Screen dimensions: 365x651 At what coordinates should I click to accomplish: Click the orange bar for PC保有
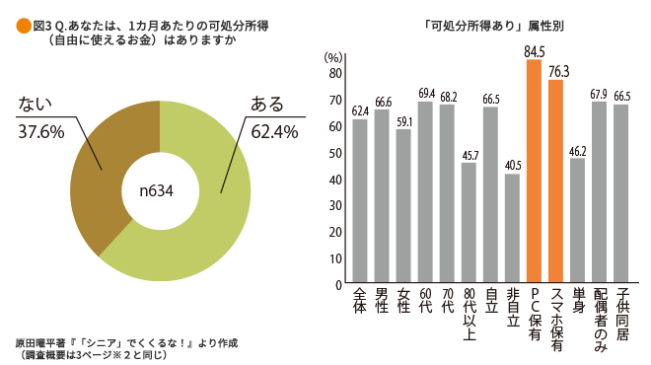click(x=535, y=172)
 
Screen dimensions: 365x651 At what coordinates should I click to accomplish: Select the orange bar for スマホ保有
click(x=555, y=182)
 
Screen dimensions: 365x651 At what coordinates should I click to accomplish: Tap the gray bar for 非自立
click(x=512, y=229)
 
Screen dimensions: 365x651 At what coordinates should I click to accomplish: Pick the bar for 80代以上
click(x=469, y=223)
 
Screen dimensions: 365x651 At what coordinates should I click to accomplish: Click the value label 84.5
click(x=535, y=50)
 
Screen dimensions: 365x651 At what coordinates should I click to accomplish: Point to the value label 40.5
click(x=512, y=166)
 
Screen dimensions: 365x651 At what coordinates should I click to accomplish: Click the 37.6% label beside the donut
click(x=42, y=131)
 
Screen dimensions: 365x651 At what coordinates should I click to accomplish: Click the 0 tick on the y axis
click(x=337, y=285)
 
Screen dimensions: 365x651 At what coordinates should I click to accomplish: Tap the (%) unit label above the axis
click(x=334, y=59)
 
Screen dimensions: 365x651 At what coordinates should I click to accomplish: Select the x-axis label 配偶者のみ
click(x=599, y=321)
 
